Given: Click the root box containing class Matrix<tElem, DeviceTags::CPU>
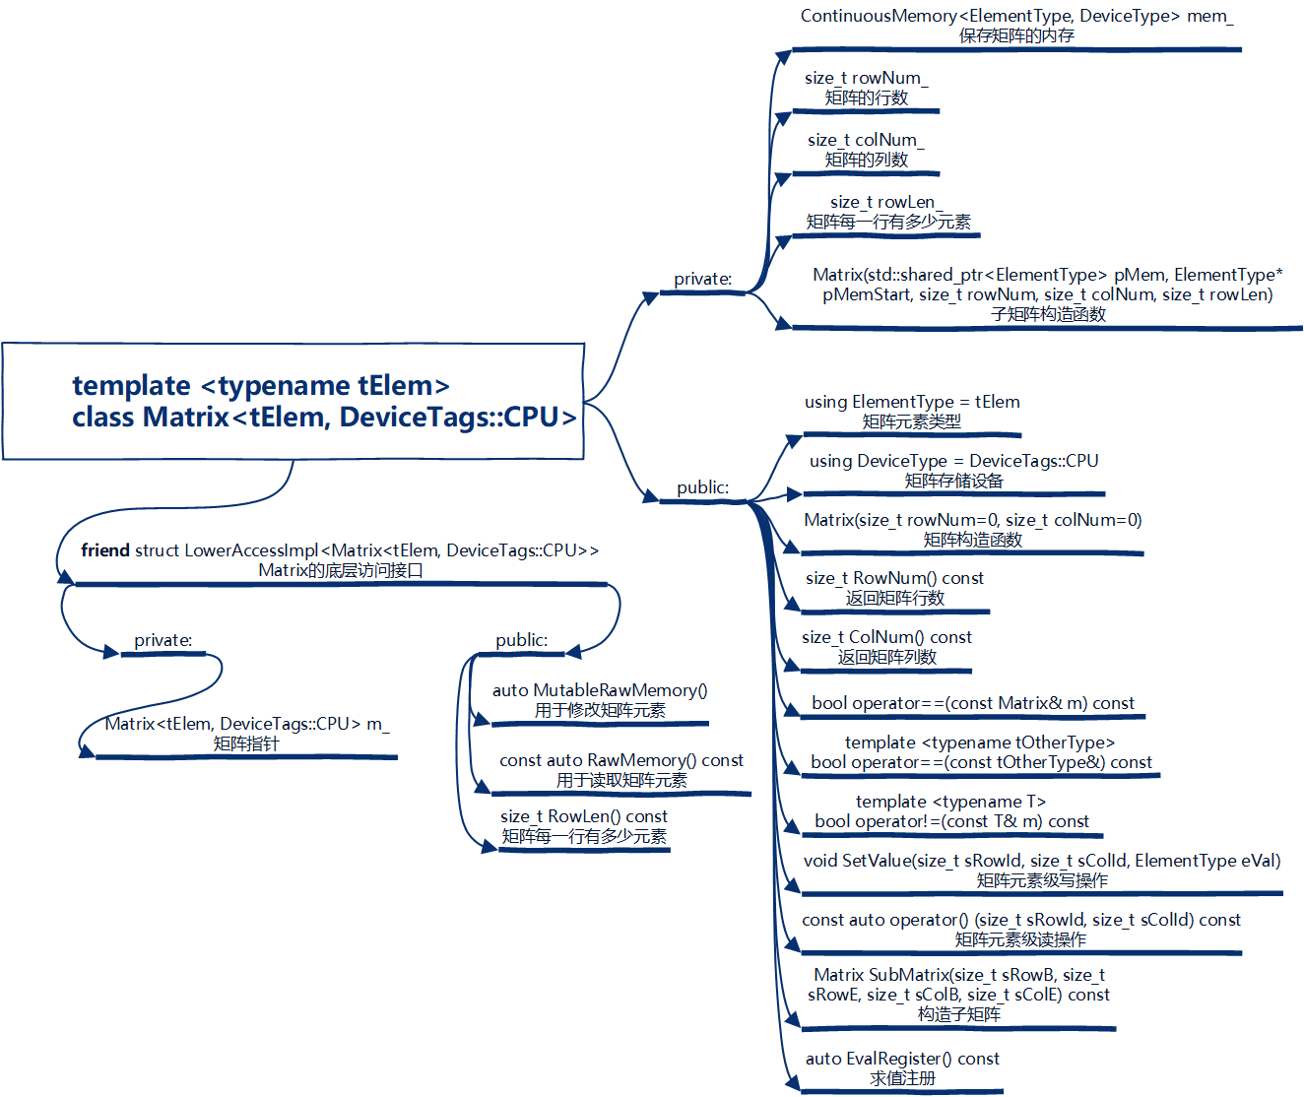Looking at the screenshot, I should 293,401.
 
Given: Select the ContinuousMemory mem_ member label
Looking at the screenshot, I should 1016,17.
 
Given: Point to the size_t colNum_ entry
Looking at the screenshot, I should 866,141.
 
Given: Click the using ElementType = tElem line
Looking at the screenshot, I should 912,402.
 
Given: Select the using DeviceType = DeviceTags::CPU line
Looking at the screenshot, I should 953,461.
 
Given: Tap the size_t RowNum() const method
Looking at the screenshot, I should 894,579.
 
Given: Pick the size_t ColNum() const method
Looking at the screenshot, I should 886,638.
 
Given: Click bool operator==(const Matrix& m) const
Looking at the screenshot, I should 973,703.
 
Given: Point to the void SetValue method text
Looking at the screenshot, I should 1042,861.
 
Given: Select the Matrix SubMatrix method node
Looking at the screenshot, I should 958,985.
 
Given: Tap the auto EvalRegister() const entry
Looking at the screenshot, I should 902,1060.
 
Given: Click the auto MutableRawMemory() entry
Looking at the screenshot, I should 600,691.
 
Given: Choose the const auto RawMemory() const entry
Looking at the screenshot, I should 621,761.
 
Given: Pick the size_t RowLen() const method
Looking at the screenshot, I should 584,817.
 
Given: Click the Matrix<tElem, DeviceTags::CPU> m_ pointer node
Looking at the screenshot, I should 246,725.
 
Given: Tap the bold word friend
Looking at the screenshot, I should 105,550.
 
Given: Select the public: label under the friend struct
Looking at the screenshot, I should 522,640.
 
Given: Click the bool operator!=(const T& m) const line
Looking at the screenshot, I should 951,821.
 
